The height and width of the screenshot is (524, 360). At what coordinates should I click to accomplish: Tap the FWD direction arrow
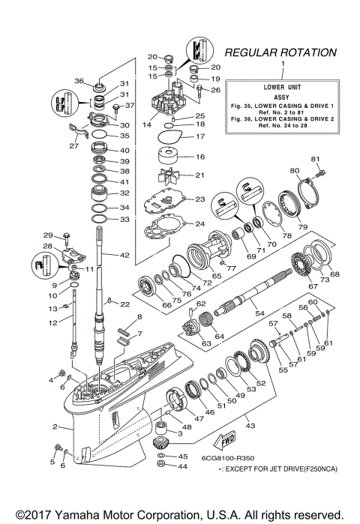227,440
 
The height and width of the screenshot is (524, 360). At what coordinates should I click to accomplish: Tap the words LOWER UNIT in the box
282,85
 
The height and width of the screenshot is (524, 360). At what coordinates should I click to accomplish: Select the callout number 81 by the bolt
316,159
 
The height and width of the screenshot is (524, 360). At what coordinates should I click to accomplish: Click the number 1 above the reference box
282,65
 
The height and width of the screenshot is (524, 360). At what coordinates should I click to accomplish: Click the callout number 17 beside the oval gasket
199,136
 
